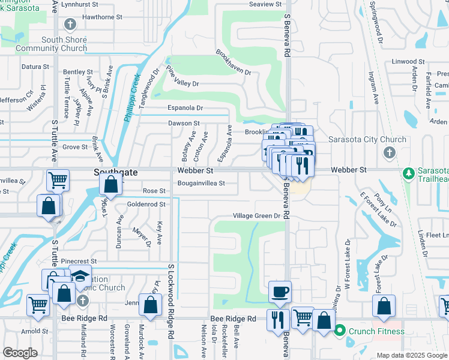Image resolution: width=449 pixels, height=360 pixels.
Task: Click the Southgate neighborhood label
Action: (x=115, y=172)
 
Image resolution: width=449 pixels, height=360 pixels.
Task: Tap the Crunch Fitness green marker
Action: (x=340, y=330)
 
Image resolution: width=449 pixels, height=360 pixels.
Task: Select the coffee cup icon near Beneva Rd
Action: (x=280, y=292)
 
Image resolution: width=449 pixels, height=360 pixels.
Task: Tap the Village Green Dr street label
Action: (x=257, y=216)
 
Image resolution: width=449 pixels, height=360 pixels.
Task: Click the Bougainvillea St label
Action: (x=201, y=183)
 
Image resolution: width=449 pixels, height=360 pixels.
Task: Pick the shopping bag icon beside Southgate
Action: (x=111, y=186)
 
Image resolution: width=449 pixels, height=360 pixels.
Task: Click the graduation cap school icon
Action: (x=80, y=277)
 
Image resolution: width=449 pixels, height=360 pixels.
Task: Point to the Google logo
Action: (x=20, y=352)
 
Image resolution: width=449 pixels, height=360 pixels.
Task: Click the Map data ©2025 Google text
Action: (x=412, y=355)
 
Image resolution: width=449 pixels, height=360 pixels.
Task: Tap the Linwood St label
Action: (x=408, y=61)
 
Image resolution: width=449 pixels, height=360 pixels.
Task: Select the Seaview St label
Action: (x=265, y=4)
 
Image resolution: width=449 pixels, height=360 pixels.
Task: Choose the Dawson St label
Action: (x=184, y=123)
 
